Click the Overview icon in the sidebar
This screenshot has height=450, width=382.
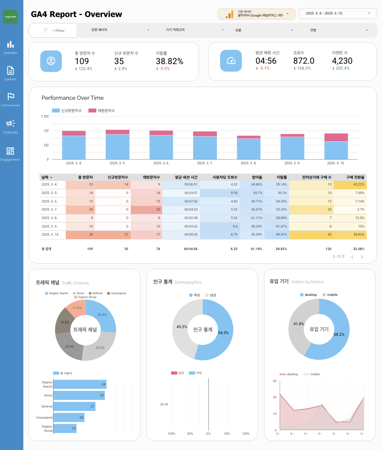(11, 45)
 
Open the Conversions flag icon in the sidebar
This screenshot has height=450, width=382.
(11, 97)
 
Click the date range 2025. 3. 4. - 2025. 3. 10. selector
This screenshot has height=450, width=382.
(337, 14)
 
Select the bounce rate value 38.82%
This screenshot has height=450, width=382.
(169, 61)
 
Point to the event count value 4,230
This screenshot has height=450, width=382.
(342, 61)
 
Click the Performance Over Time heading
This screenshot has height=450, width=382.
(73, 98)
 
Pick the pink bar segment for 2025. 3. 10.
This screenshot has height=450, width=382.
(336, 137)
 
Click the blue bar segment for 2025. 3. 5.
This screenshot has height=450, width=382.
(117, 147)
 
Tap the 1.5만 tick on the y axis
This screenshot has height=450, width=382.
(45, 116)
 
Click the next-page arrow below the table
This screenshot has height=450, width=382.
(362, 257)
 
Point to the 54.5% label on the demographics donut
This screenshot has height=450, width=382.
(223, 333)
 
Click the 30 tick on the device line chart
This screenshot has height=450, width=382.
(275, 381)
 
